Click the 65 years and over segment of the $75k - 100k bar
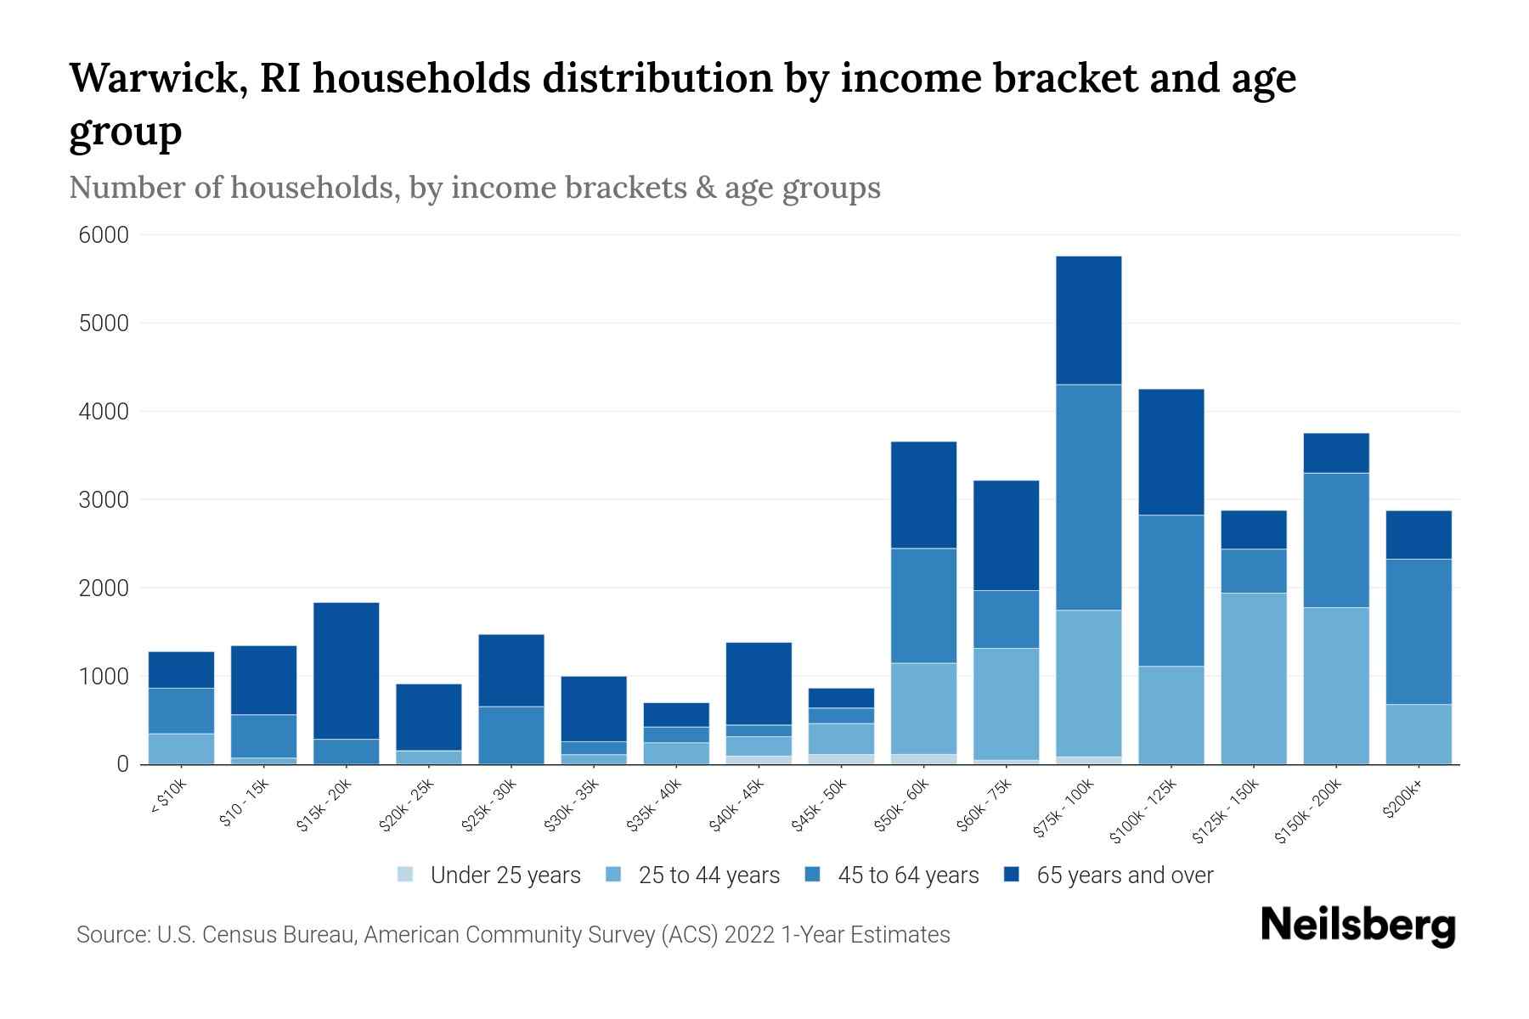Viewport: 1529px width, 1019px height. coord(1088,320)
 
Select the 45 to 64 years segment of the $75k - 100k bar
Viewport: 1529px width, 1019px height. coord(1088,497)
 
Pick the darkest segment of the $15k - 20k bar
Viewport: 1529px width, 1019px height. coord(346,670)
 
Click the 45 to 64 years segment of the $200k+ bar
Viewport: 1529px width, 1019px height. coord(1418,631)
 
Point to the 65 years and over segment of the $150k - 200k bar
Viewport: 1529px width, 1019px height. coord(1335,453)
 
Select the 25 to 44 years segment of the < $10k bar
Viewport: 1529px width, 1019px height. coord(181,748)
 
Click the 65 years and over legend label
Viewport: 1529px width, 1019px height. coord(1125,875)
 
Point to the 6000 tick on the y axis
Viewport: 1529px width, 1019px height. coord(104,235)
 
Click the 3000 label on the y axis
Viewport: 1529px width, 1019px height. coord(104,500)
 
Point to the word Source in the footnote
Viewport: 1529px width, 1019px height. coord(111,935)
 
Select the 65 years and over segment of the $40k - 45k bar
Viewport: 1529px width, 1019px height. coord(759,683)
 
